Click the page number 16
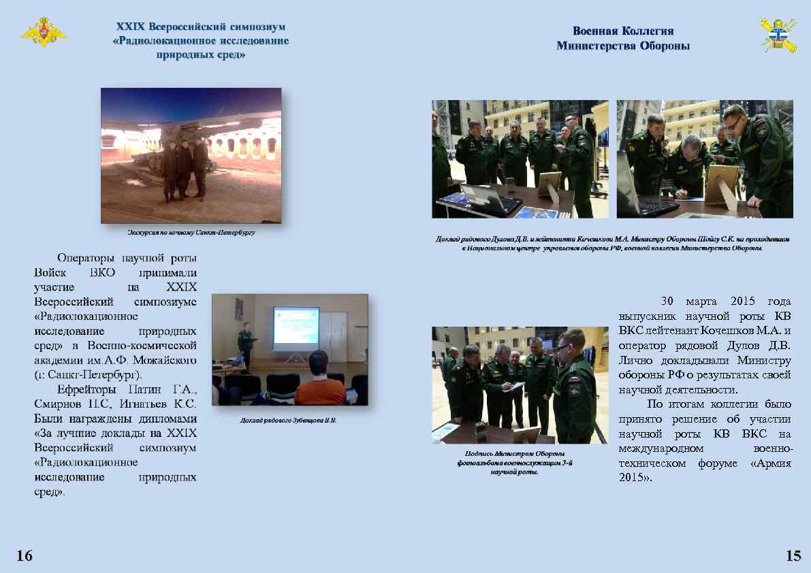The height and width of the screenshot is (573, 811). coord(24,556)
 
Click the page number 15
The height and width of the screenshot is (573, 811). coord(793,556)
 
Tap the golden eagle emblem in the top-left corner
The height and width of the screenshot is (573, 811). coord(45,33)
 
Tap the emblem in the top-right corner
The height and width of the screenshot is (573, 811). coord(777,35)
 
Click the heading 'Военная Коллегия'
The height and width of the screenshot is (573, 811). coord(622,31)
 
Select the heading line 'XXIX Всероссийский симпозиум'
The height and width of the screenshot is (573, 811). coord(201,27)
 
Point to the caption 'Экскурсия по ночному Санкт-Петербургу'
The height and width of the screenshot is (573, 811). coord(191,233)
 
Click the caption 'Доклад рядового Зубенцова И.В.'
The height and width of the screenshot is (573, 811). coord(289,420)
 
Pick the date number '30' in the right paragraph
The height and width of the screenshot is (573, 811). coord(668,301)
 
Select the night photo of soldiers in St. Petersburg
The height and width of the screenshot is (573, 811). coord(191,156)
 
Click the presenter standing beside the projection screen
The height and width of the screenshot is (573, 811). coord(244,345)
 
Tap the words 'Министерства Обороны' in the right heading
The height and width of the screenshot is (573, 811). coord(622,46)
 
